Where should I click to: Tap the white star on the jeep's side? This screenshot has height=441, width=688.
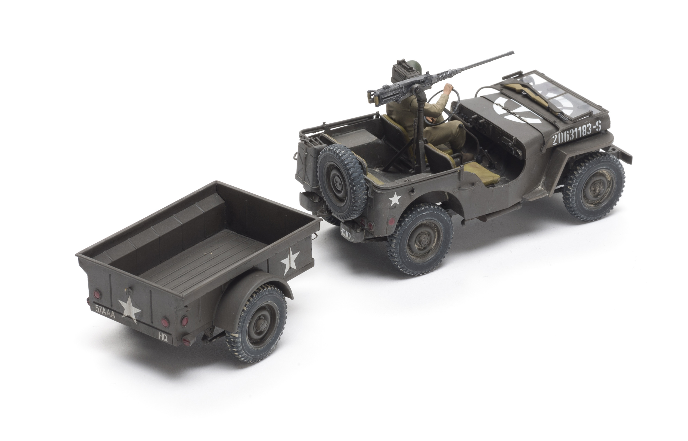tap(395, 198)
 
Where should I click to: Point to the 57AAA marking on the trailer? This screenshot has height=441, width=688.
tap(105, 308)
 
